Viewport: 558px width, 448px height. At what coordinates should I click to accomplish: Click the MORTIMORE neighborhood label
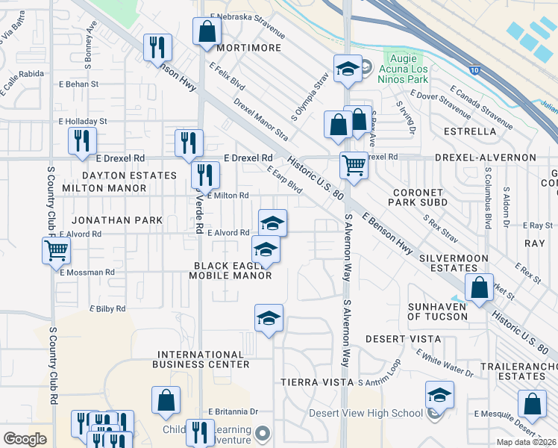pos(249,48)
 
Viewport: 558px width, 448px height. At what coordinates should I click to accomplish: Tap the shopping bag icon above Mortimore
pos(207,31)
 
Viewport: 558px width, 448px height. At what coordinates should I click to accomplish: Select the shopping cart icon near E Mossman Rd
pos(56,252)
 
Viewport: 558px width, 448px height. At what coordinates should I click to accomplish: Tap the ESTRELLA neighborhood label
pos(470,131)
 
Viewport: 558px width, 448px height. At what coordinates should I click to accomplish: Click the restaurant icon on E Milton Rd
pos(204,175)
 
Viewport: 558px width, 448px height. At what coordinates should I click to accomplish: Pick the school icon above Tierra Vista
pos(269,318)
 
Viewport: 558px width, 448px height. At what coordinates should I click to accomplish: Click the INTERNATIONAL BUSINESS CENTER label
pos(201,359)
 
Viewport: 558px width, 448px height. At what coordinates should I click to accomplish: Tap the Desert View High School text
pos(366,414)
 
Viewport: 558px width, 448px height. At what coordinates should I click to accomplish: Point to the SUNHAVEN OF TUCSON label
pos(438,311)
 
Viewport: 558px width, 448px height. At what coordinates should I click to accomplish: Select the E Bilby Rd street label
pos(108,308)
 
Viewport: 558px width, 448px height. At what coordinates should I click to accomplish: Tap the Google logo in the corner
pos(25,438)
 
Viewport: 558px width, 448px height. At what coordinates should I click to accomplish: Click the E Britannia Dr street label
pos(233,411)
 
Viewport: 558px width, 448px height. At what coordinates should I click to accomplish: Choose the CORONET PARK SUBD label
pos(420,197)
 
